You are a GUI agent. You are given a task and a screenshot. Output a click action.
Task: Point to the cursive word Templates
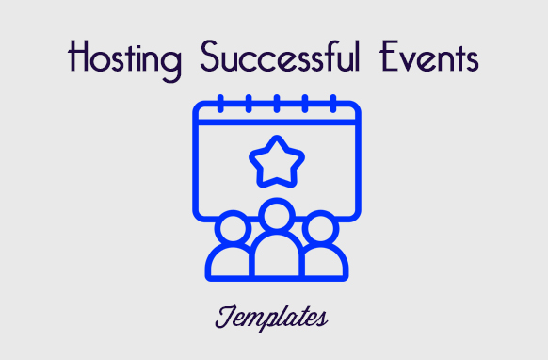point(272,317)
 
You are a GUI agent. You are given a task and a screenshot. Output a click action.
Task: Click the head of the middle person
point(276,216)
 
